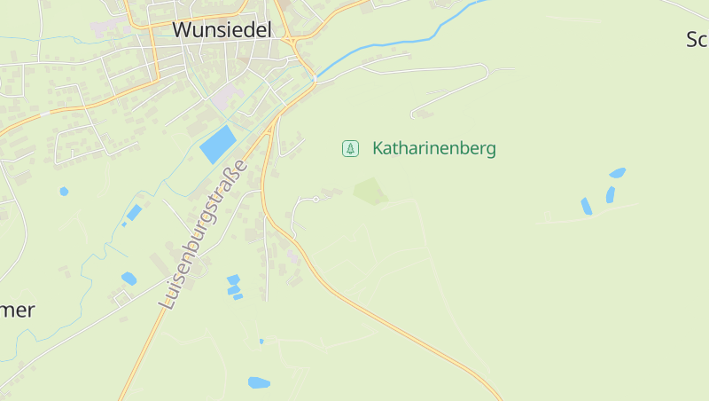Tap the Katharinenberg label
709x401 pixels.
click(433, 148)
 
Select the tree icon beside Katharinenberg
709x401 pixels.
click(350, 148)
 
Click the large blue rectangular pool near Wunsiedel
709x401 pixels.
click(218, 144)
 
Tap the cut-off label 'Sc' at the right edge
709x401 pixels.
click(697, 39)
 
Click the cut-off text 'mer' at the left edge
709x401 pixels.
click(18, 310)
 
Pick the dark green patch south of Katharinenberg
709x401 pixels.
click(370, 191)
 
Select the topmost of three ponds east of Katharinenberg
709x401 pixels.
click(618, 172)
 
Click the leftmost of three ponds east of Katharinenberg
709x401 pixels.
click(586, 206)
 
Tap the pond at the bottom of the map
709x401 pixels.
click(259, 382)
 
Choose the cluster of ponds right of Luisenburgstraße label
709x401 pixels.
click(234, 286)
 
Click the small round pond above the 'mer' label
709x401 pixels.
click(64, 191)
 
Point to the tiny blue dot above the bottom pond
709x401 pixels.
click(261, 341)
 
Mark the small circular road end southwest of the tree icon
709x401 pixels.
click(316, 200)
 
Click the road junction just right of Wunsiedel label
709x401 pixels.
click(292, 41)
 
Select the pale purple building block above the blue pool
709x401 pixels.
click(226, 95)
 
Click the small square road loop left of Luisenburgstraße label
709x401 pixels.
click(121, 298)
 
